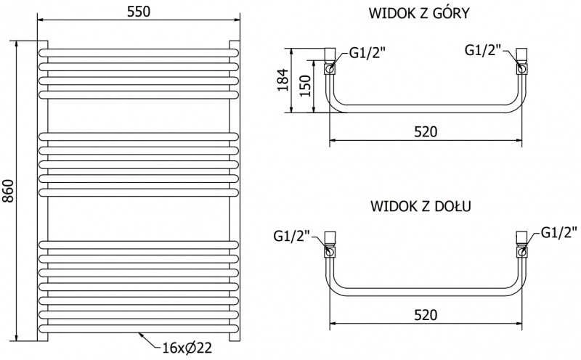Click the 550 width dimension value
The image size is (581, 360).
click(139, 12)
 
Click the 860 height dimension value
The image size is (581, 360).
click(8, 191)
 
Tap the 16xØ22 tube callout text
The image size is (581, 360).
click(187, 348)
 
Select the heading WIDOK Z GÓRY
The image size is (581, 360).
click(419, 13)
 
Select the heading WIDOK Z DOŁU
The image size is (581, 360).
click(420, 206)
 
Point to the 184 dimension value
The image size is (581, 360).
click(283, 80)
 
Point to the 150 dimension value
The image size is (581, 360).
click(305, 86)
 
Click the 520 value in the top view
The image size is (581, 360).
click(426, 131)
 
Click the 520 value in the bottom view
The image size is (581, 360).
click(426, 315)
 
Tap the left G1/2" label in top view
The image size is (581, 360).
click(367, 52)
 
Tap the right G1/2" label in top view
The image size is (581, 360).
click(483, 49)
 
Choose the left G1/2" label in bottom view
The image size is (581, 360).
click(292, 236)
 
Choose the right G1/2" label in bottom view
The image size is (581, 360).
click(559, 232)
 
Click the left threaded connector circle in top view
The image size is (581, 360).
click(330, 68)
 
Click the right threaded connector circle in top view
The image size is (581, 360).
click(521, 68)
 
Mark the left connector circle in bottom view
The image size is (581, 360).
click(330, 253)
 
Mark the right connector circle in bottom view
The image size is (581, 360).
click(521, 253)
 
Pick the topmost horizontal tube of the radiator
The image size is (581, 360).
click(139, 52)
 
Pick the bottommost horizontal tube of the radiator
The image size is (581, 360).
click(139, 329)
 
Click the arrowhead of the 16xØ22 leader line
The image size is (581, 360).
click(141, 335)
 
